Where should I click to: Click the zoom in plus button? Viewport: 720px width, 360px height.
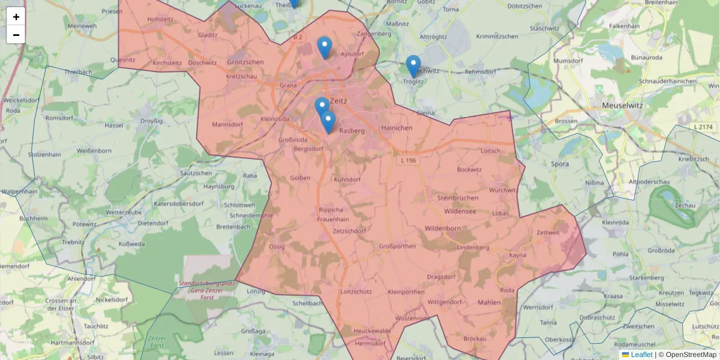(16, 17)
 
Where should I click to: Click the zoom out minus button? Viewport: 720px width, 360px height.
(16, 35)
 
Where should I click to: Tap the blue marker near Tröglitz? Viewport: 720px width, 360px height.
(413, 65)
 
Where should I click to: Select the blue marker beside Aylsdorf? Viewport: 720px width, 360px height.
(324, 47)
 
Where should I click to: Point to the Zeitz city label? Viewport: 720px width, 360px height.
(338, 101)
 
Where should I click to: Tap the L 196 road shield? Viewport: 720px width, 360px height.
(408, 161)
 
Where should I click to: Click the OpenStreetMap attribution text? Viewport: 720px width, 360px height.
(690, 355)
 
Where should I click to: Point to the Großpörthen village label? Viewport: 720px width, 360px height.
(397, 246)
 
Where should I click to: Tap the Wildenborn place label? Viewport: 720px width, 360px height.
(442, 229)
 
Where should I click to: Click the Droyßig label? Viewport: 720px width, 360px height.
(151, 121)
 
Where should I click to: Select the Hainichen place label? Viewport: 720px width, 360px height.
(397, 128)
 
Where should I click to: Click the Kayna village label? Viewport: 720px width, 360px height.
(517, 255)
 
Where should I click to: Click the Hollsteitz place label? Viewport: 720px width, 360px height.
(160, 19)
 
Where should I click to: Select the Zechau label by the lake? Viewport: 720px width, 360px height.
(684, 205)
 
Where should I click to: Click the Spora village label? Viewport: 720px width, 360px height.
(560, 163)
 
